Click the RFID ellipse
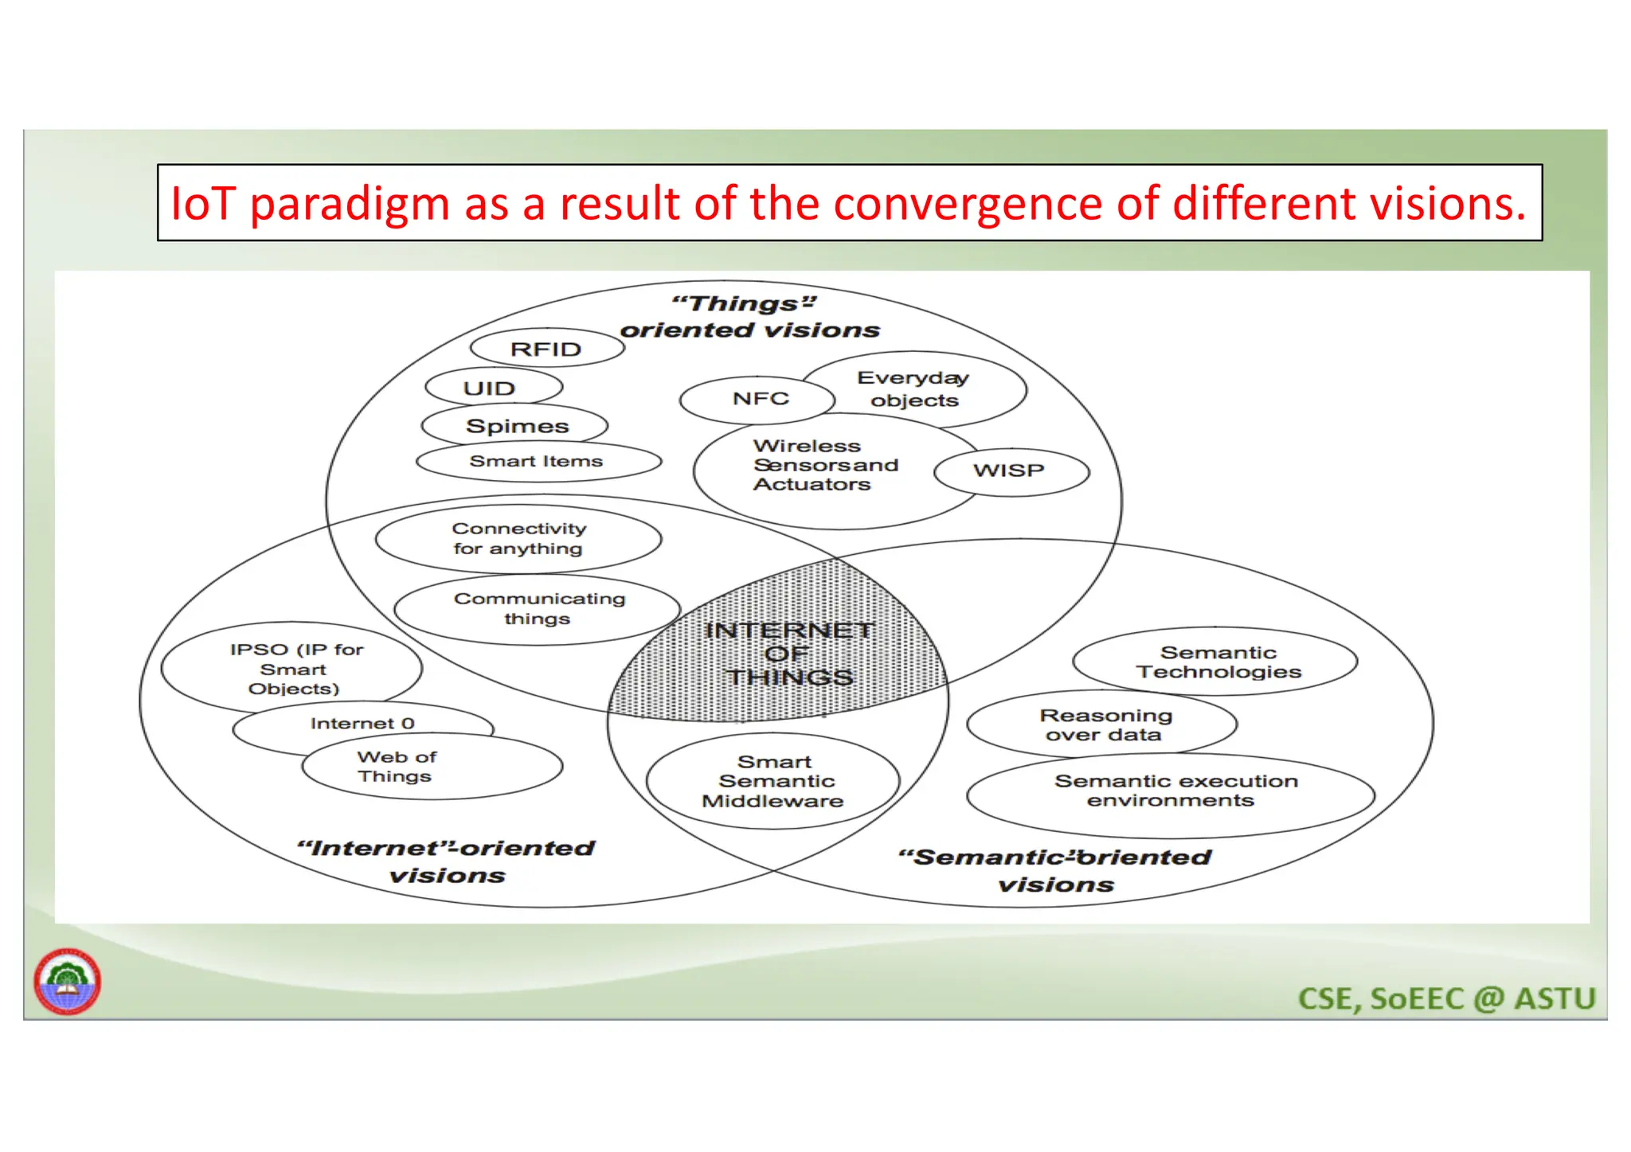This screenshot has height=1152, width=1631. tap(546, 349)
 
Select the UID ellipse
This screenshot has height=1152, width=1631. tap(491, 389)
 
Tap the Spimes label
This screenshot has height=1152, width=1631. tap(517, 426)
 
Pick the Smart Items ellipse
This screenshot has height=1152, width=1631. tap(538, 462)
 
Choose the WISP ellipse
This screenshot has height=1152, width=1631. tap(1010, 471)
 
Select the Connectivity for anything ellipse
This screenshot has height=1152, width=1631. tap(518, 539)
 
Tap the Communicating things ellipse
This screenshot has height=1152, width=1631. tap(538, 608)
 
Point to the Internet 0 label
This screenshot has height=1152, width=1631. tap(362, 723)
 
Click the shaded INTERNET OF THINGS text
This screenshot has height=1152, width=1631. tap(788, 654)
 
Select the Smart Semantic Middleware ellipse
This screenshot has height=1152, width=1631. tap(773, 782)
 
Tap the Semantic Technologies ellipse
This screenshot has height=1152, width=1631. tap(1216, 662)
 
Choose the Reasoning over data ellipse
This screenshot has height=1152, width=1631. tap(1102, 724)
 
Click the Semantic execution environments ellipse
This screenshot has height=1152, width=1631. tap(1171, 792)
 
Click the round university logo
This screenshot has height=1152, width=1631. tap(68, 982)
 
